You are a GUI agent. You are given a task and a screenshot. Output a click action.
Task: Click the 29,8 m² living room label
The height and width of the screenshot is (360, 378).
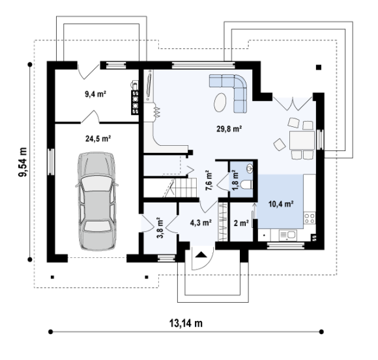[229, 129]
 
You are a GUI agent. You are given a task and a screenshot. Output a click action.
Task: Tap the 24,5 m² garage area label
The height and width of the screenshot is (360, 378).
[98, 139]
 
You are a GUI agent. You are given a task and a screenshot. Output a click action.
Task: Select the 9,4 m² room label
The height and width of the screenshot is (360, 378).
[96, 94]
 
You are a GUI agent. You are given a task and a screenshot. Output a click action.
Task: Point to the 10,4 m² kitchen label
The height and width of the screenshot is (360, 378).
[281, 204]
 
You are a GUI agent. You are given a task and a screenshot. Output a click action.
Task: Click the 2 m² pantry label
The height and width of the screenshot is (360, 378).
[241, 223]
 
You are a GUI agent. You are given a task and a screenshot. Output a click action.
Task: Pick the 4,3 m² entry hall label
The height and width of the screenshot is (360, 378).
[201, 223]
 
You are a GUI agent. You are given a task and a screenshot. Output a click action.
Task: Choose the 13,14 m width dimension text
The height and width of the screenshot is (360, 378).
[186, 323]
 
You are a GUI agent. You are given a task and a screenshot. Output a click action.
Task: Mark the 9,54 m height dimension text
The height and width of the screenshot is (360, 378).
[23, 162]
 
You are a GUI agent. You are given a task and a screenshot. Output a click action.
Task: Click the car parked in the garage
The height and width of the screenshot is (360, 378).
[96, 201]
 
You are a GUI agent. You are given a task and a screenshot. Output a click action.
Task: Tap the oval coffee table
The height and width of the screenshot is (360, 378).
[220, 102]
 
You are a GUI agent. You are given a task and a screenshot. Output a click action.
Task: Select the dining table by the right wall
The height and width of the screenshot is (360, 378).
[302, 140]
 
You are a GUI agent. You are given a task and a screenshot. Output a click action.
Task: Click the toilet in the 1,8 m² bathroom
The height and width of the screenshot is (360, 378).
[246, 185]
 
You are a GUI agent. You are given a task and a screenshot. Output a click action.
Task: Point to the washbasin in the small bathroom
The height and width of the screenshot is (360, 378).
[250, 168]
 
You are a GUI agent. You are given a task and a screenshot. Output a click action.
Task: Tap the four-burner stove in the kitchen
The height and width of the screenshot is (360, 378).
[310, 218]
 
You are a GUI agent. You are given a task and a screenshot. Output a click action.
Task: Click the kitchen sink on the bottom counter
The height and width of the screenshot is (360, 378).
[288, 235]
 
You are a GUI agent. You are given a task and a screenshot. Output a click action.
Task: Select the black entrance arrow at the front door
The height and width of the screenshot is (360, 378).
[201, 255]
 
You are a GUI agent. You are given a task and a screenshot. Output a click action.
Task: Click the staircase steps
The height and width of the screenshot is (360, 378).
[186, 187]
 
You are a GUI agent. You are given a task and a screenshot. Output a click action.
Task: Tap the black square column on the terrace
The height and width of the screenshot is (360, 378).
[319, 68]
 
